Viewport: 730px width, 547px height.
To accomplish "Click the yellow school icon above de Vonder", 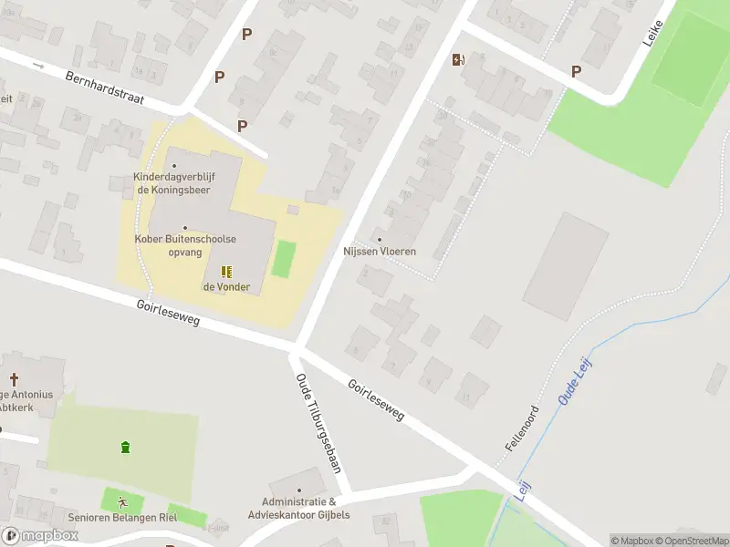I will click(x=226, y=271).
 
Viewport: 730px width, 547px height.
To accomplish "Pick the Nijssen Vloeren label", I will click(x=380, y=251).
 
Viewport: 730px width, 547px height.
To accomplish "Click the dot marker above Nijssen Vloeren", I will click(x=380, y=239).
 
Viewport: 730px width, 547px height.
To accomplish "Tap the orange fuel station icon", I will click(x=458, y=60).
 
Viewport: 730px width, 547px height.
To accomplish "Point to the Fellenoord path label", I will click(x=522, y=428).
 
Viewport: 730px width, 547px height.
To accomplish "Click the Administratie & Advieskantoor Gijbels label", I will click(x=299, y=508).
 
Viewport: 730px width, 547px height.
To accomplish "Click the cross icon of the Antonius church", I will click(x=14, y=378).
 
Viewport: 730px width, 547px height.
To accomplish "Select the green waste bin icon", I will click(x=124, y=447).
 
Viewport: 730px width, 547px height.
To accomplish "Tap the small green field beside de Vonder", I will click(x=285, y=258).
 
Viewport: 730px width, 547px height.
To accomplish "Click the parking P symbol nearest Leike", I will click(x=576, y=71).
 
